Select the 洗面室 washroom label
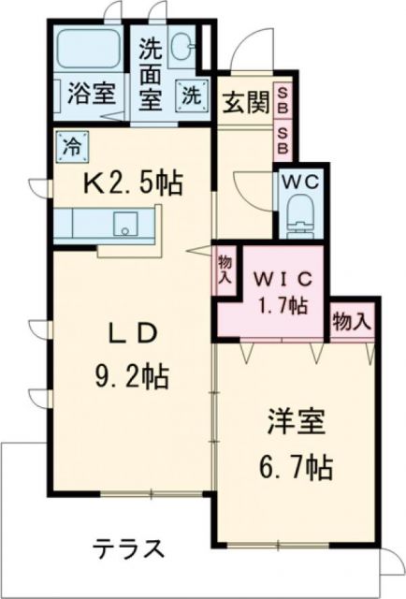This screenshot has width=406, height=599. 149,71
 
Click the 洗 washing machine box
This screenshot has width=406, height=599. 190,95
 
